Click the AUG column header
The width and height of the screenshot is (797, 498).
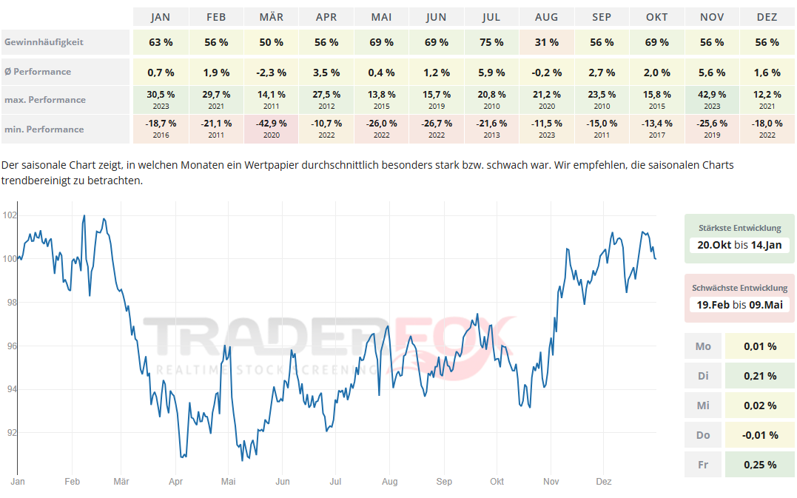[547, 17]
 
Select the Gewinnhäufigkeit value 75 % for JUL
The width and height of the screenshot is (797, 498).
[491, 42]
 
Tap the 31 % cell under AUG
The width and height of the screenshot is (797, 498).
[547, 42]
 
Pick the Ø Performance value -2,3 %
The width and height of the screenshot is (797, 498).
[271, 73]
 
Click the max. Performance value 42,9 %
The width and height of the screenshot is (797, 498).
[712, 95]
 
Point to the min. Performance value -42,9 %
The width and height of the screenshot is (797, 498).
[271, 124]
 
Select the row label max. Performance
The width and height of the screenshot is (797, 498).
[44, 100]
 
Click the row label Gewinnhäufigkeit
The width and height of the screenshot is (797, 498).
[44, 42]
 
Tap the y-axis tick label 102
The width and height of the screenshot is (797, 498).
[10, 216]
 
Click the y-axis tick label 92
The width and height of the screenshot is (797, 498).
[10, 433]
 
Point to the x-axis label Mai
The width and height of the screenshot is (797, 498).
[228, 482]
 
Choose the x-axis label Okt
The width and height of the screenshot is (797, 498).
[497, 482]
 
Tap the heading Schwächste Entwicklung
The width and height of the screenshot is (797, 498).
[739, 288]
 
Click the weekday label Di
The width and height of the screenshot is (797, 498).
[703, 376]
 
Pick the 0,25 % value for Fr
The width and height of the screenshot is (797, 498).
[761, 465]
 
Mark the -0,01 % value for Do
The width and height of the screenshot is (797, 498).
[760, 435]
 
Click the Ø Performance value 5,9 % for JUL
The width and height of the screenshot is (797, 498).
[491, 73]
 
